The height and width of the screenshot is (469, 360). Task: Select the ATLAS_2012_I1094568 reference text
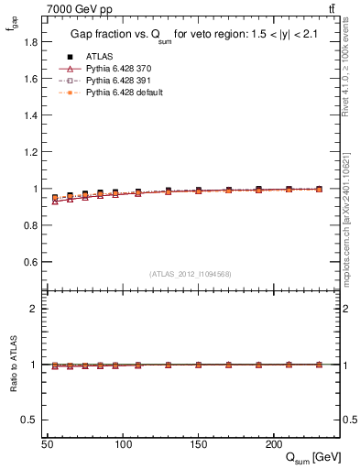click(191, 274)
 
